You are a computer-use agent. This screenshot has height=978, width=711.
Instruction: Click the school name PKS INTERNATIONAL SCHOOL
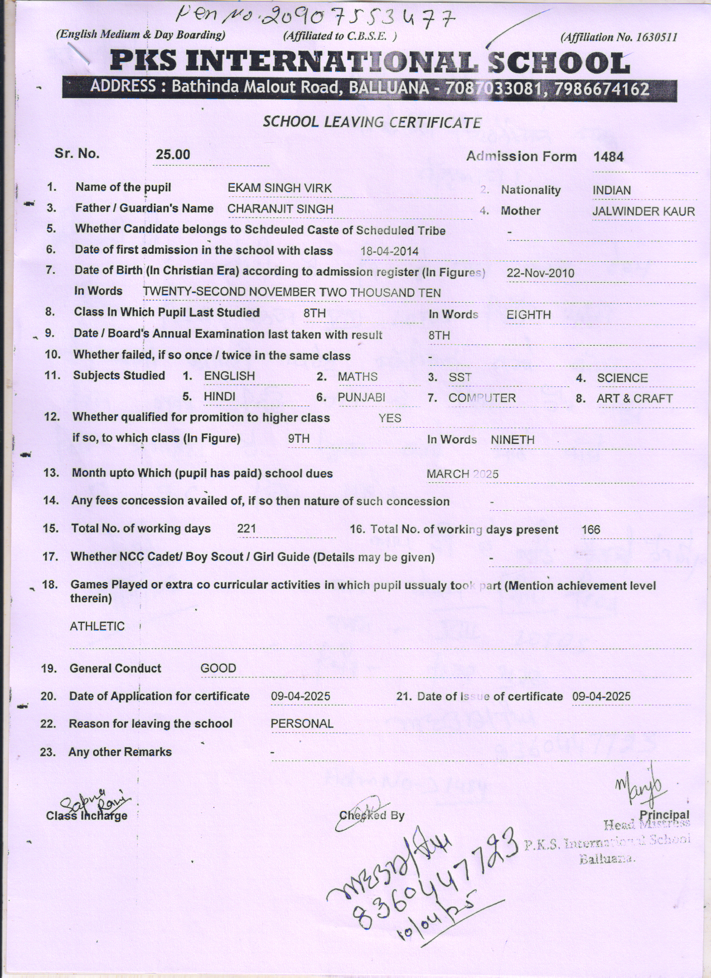coord(370,62)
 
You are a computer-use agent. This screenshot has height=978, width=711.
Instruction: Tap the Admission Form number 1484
coord(608,157)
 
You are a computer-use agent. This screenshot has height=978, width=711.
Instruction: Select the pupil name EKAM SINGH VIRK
coord(279,188)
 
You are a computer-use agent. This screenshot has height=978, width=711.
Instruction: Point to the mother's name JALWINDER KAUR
coord(644,212)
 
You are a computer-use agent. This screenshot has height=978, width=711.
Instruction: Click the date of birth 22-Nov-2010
coord(540,273)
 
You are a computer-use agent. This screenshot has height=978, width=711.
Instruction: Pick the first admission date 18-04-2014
coord(389,251)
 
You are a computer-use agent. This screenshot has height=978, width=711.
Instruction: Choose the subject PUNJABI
coord(361,398)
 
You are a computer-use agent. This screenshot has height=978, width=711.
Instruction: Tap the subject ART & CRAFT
coord(635,399)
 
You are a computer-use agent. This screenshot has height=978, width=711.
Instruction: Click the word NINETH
coord(512,440)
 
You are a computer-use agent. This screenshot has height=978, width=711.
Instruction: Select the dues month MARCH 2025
coord(462,474)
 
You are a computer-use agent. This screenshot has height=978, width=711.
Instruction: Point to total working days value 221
coord(246,529)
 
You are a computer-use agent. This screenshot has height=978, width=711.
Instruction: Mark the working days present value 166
coord(591,530)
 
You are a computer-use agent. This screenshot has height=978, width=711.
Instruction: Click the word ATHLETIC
coord(97,627)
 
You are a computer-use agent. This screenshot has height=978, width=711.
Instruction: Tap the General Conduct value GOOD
coord(218,669)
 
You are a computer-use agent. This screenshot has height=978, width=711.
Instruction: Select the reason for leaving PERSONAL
coord(302,724)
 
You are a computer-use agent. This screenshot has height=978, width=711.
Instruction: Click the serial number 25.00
coord(173,154)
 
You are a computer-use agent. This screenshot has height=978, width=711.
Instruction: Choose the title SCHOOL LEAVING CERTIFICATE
coord(372,123)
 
